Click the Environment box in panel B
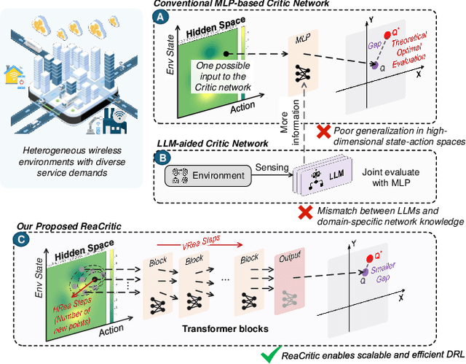[206, 177]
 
